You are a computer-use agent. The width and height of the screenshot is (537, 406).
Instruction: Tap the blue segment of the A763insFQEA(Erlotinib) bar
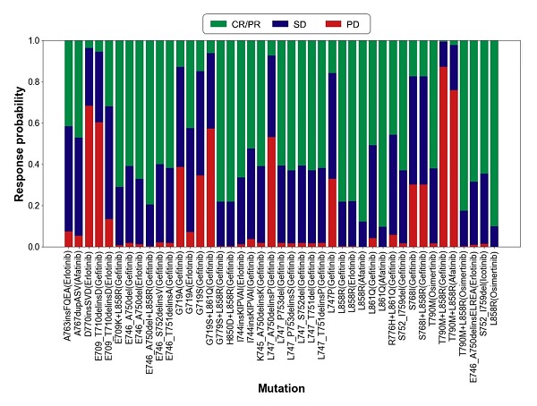69,179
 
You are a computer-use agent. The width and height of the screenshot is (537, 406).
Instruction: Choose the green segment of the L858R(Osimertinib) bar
495,134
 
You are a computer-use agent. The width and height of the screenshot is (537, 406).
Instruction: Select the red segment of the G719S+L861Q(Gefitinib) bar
210,188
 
